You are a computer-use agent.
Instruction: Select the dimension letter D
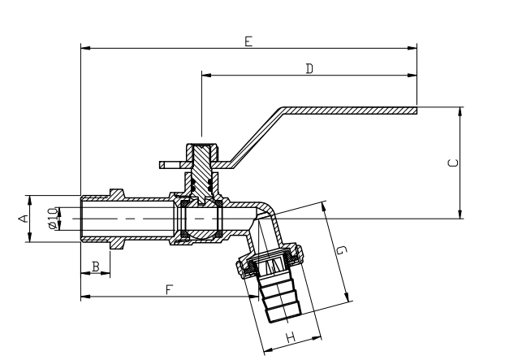coord(309,69)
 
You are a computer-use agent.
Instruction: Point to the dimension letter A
coord(24,218)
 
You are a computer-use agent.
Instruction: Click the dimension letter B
coord(95,266)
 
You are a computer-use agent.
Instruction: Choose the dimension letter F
coord(169,289)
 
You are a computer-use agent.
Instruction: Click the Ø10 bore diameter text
coord(53,218)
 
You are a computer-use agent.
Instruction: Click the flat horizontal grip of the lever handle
coord(349,109)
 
